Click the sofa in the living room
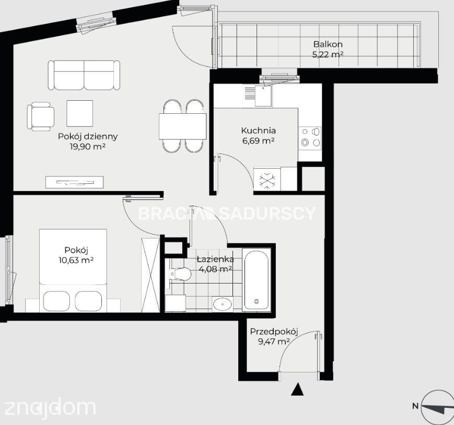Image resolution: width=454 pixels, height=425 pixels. click(x=84, y=75)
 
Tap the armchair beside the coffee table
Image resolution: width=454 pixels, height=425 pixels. click(x=41, y=116)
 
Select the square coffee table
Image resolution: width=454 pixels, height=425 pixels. click(x=79, y=113)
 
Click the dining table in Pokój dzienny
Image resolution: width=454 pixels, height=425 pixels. click(x=182, y=126)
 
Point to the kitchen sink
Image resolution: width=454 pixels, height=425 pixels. click(x=263, y=96)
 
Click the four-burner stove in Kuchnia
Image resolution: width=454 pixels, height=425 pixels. click(x=310, y=138)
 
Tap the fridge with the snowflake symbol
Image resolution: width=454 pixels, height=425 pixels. click(x=267, y=179)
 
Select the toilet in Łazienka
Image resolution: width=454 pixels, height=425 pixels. click(x=180, y=274)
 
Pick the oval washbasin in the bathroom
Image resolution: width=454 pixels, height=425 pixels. click(x=223, y=304)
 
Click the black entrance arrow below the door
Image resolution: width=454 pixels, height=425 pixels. click(x=297, y=389)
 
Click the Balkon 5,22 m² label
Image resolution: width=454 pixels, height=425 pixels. click(x=328, y=49)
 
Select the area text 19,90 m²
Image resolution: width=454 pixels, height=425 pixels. click(x=87, y=146)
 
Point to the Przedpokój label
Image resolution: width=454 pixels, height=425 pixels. click(x=274, y=332)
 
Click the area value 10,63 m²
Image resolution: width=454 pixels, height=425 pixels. click(x=76, y=260)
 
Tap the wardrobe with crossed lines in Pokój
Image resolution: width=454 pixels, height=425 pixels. click(x=150, y=275)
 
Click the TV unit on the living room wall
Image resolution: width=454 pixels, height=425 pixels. click(x=74, y=182)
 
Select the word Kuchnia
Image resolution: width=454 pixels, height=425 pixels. click(x=258, y=131)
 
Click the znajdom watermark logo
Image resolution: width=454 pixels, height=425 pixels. click(x=50, y=408)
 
